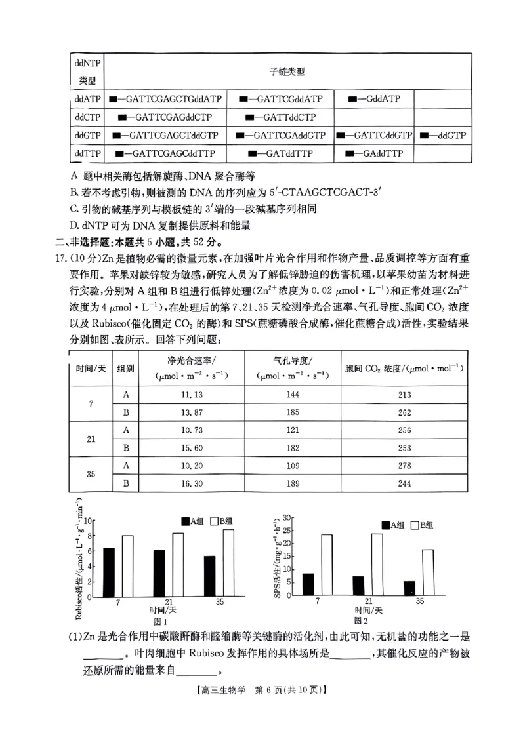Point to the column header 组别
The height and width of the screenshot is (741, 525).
point(126,369)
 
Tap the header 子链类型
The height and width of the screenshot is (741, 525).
point(287,72)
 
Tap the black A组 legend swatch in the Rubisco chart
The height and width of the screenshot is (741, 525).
point(185,521)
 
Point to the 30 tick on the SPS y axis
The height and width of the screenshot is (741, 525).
point(287,518)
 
